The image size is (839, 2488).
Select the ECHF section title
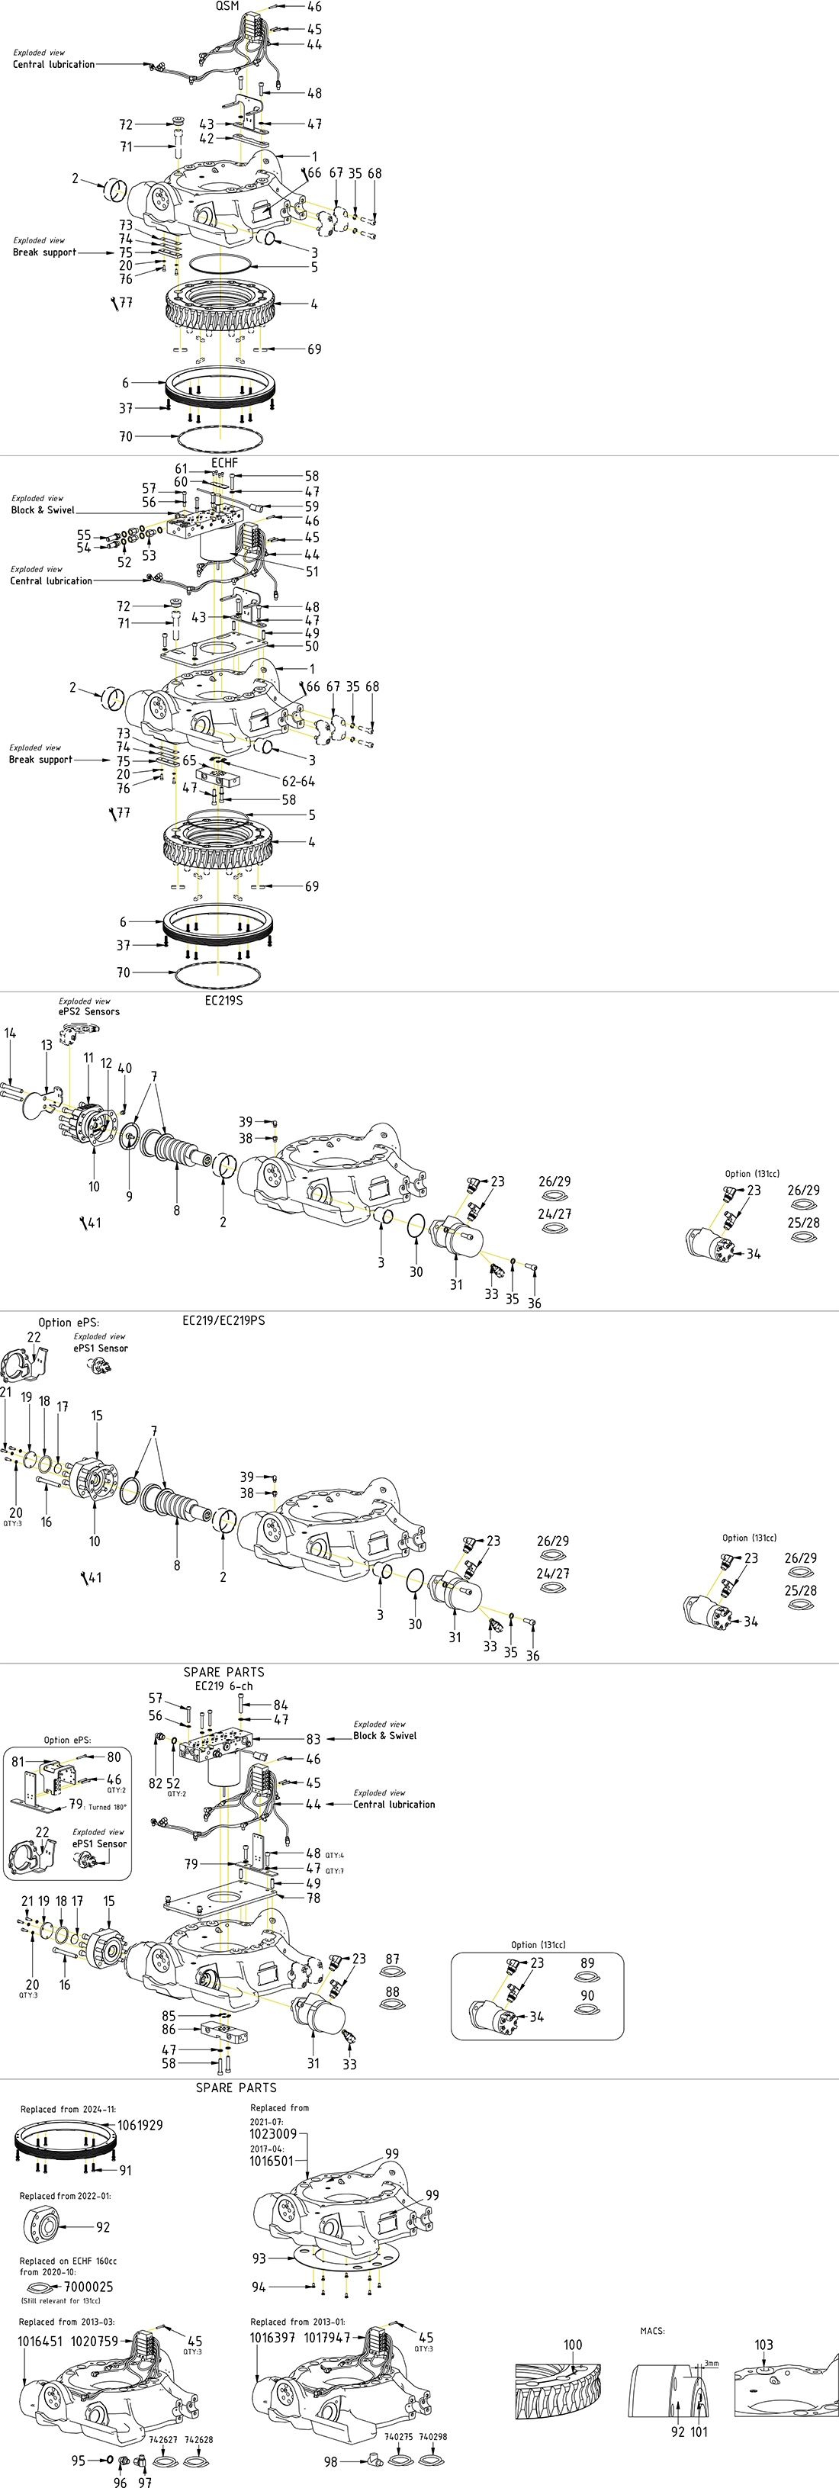[x=224, y=463]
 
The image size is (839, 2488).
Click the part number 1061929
[x=140, y=2125]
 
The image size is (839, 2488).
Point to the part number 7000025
[x=88, y=2286]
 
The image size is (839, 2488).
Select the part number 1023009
[x=273, y=2133]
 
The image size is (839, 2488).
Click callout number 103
[x=763, y=2344]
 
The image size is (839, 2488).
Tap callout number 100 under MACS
[x=573, y=2344]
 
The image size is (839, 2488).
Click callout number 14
[x=10, y=1033]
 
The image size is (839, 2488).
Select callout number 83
[x=313, y=1738]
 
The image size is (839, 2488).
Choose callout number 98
[x=330, y=2462]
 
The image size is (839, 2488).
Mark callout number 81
[x=18, y=1760]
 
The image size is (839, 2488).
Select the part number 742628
[x=199, y=2438]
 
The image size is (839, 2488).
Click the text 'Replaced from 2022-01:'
[x=65, y=2195]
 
